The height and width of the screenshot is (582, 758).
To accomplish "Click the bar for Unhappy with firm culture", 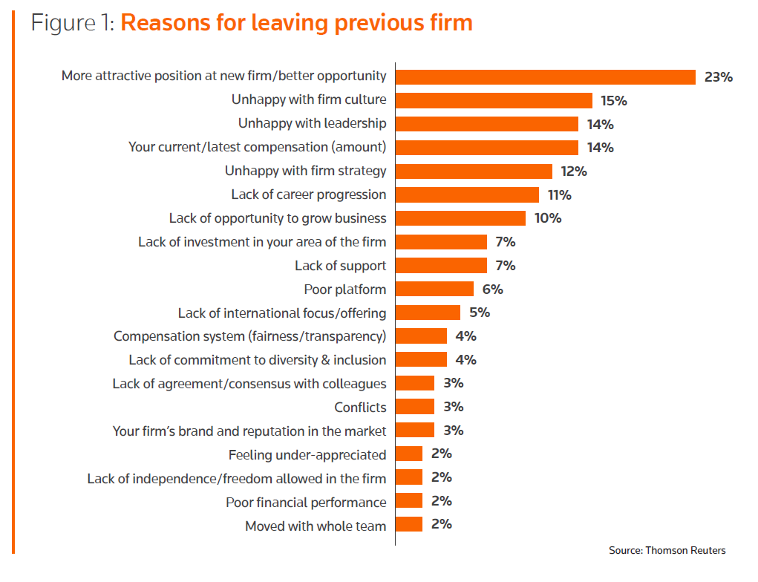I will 494,100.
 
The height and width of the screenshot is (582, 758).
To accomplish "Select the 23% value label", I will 718,76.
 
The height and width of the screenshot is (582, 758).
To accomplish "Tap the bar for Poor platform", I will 434,289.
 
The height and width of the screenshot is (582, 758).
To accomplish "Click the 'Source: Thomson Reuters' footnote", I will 667,550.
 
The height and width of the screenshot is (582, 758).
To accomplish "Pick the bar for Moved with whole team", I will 409,525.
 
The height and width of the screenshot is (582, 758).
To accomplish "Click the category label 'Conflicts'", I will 360,407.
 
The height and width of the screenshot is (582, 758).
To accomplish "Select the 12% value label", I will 574,171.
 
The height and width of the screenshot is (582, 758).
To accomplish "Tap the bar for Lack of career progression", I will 467,194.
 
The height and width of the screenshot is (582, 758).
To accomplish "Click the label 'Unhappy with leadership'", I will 312,123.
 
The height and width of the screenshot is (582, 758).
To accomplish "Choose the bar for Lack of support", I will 441,265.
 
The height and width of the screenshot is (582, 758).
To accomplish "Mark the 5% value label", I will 479,313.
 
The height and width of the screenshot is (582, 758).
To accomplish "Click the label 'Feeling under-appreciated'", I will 307,454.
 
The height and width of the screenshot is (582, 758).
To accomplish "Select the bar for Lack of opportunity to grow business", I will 460,218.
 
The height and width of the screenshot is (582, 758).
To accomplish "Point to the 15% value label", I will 614,100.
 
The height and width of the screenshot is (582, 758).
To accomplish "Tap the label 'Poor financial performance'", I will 306,502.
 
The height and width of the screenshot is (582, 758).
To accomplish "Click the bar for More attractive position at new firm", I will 546,76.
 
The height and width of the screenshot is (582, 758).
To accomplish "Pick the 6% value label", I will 492,289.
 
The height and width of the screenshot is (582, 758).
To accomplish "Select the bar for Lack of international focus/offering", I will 428,313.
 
